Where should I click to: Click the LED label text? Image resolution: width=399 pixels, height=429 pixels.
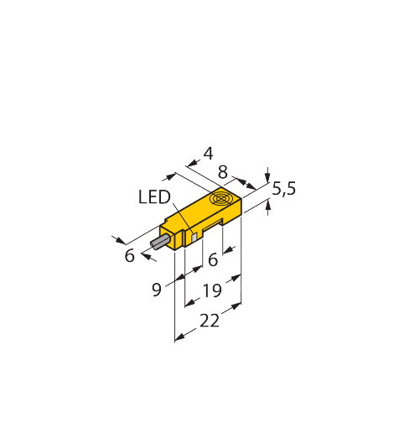click(x=154, y=196)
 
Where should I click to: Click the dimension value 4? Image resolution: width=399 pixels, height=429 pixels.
click(x=209, y=154)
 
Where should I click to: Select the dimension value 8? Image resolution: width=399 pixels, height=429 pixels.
click(x=223, y=172)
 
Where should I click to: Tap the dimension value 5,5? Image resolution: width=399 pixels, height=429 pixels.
click(x=284, y=189)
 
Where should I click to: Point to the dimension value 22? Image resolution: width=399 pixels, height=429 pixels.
click(x=210, y=321)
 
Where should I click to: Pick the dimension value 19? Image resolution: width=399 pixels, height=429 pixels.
click(x=212, y=290)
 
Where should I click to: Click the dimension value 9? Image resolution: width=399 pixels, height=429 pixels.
click(x=157, y=290)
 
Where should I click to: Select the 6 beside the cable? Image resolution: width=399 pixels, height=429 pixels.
click(x=129, y=256)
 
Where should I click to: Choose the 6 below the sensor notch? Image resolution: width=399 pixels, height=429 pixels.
click(x=213, y=259)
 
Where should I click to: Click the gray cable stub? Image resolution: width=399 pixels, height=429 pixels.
click(x=160, y=243)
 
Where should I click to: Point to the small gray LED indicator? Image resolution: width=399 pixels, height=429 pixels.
click(x=194, y=238)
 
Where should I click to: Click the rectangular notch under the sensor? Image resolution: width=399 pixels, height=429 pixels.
click(x=212, y=225)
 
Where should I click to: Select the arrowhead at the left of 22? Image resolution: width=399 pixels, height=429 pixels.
click(x=180, y=337)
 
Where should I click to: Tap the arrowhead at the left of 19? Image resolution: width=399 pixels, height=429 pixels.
click(x=190, y=303)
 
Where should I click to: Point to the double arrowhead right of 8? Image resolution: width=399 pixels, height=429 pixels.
click(x=246, y=183)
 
